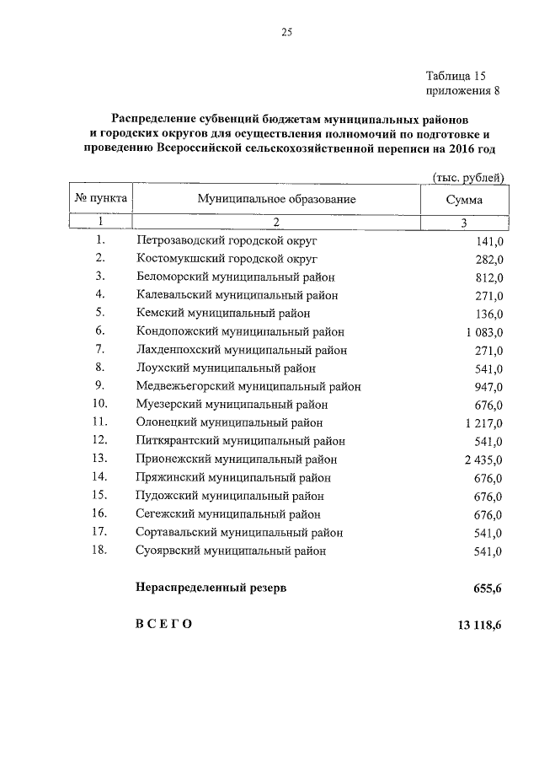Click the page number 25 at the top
click(286, 34)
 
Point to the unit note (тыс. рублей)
click(467, 177)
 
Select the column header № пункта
click(101, 200)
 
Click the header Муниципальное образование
click(276, 200)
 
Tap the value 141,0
click(488, 240)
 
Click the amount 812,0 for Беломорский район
click(488, 277)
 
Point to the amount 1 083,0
click(483, 332)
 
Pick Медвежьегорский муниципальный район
click(248, 386)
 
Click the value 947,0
click(488, 387)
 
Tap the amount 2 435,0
click(483, 459)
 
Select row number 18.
click(101, 551)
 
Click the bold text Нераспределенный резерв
click(211, 588)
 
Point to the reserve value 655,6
click(488, 588)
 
